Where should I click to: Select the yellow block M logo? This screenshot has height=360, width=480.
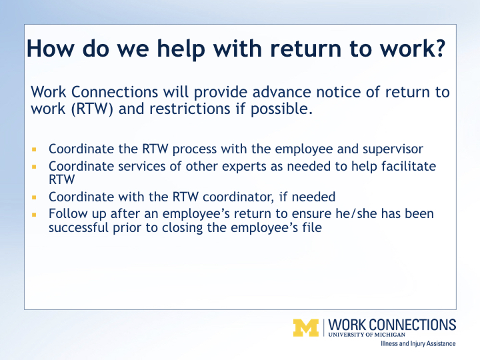(x=306, y=328)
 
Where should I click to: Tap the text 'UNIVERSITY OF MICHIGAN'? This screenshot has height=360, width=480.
(x=367, y=334)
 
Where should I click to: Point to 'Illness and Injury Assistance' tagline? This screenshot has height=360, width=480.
(x=418, y=343)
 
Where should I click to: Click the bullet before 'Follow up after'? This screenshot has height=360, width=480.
(x=34, y=215)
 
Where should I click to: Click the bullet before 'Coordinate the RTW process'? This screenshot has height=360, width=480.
(x=34, y=149)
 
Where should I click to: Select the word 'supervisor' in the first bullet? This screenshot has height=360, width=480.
(x=393, y=149)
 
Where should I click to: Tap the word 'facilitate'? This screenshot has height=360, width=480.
(x=409, y=166)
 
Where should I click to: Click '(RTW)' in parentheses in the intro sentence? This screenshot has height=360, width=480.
(x=92, y=109)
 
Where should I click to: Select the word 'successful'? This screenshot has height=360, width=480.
(x=79, y=227)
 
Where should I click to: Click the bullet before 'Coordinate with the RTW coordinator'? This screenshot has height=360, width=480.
(x=34, y=197)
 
